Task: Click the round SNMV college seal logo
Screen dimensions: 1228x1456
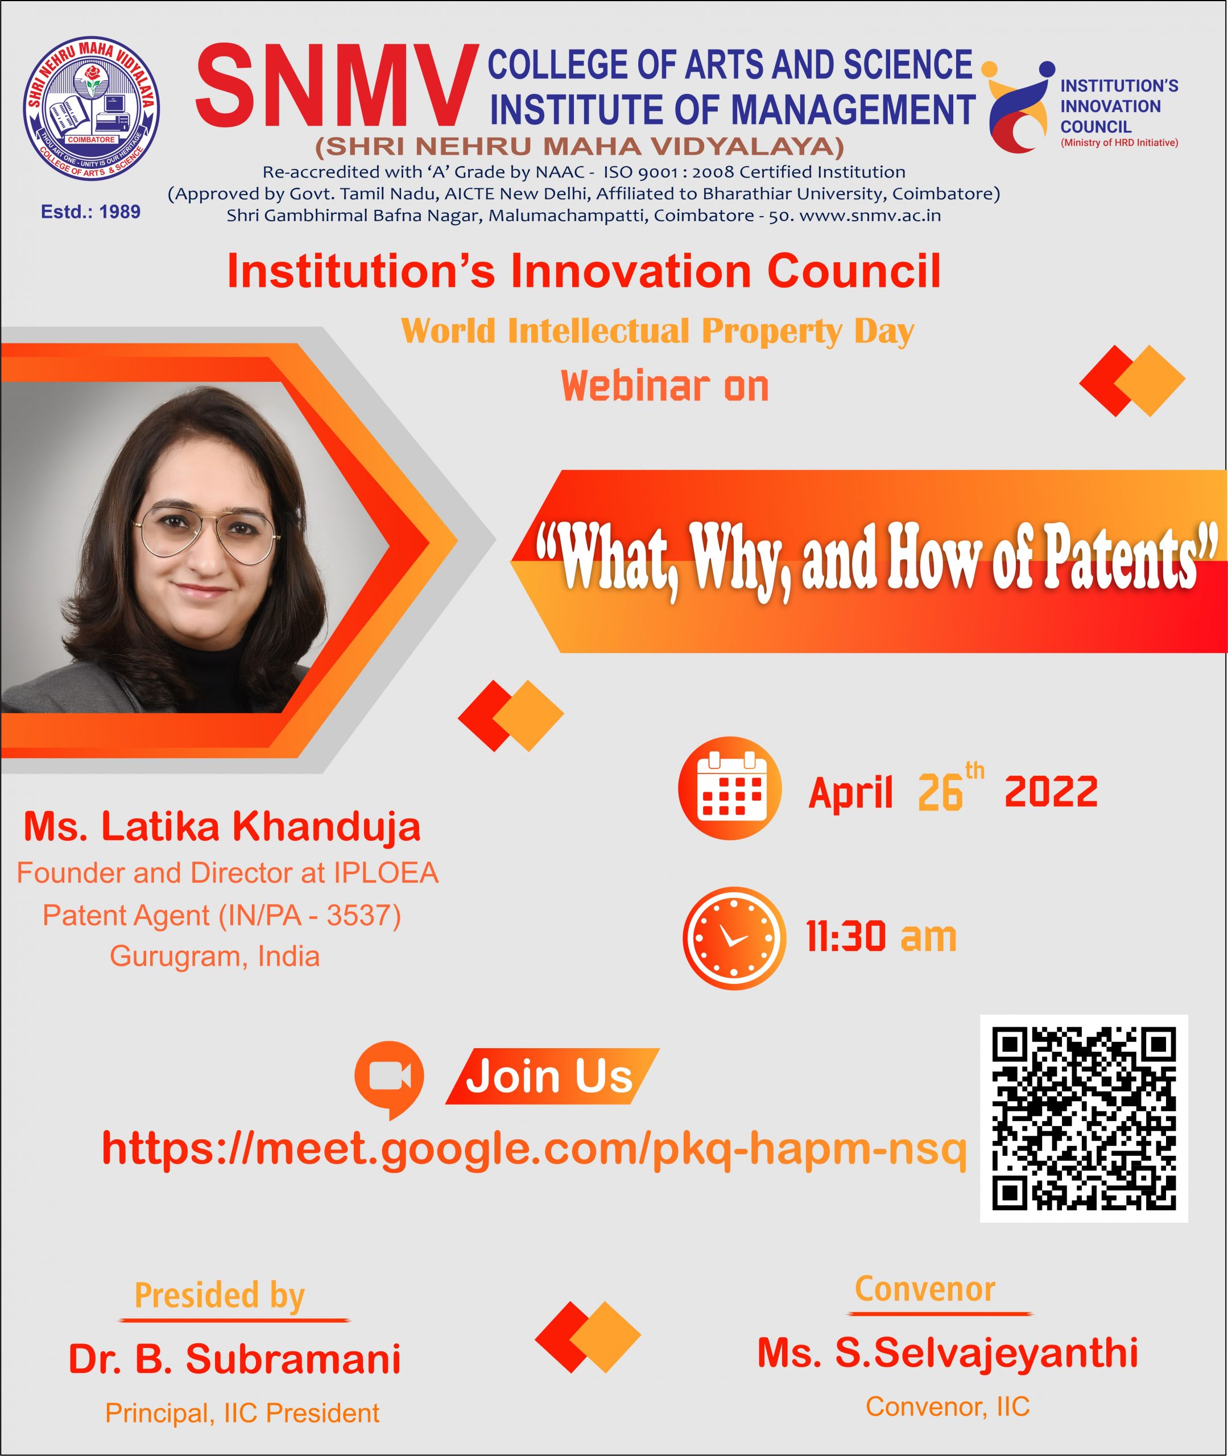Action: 91,109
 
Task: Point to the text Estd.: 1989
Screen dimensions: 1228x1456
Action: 90,212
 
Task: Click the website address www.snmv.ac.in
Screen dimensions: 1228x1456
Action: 870,216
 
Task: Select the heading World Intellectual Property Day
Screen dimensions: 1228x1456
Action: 657,331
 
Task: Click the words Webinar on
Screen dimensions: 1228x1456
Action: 665,386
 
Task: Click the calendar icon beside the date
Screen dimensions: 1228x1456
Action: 730,788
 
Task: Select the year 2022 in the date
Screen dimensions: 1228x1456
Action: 1051,792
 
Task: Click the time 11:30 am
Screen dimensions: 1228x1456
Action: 881,937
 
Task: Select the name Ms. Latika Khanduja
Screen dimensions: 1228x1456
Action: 222,827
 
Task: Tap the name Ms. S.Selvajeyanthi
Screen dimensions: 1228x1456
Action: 948,1352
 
